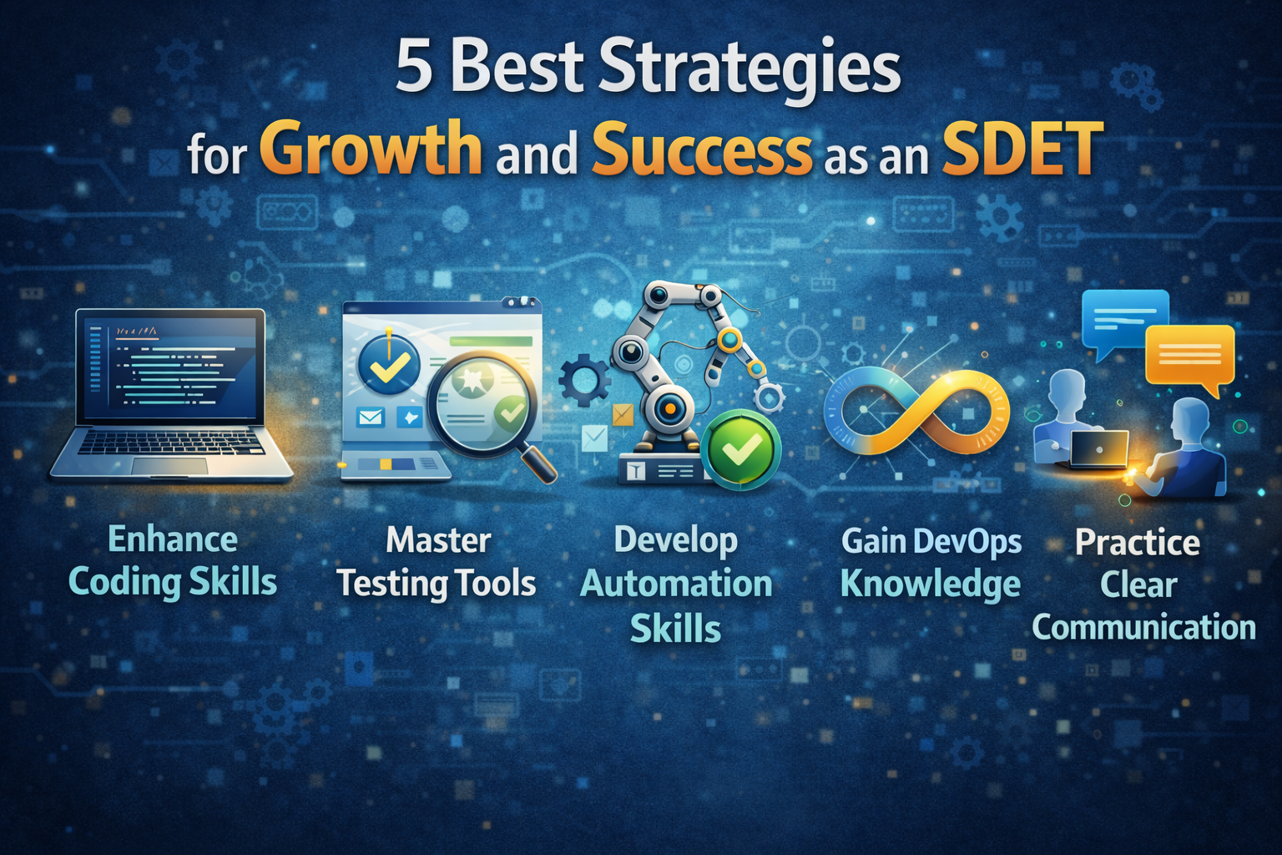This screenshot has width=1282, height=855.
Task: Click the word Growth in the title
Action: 374,148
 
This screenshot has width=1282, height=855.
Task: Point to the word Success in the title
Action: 702,148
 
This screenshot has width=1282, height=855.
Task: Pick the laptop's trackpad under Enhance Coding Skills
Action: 169,465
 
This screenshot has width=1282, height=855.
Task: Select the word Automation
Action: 677,584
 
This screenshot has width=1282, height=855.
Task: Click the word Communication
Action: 1144,627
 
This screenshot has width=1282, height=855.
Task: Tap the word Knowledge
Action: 931,584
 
